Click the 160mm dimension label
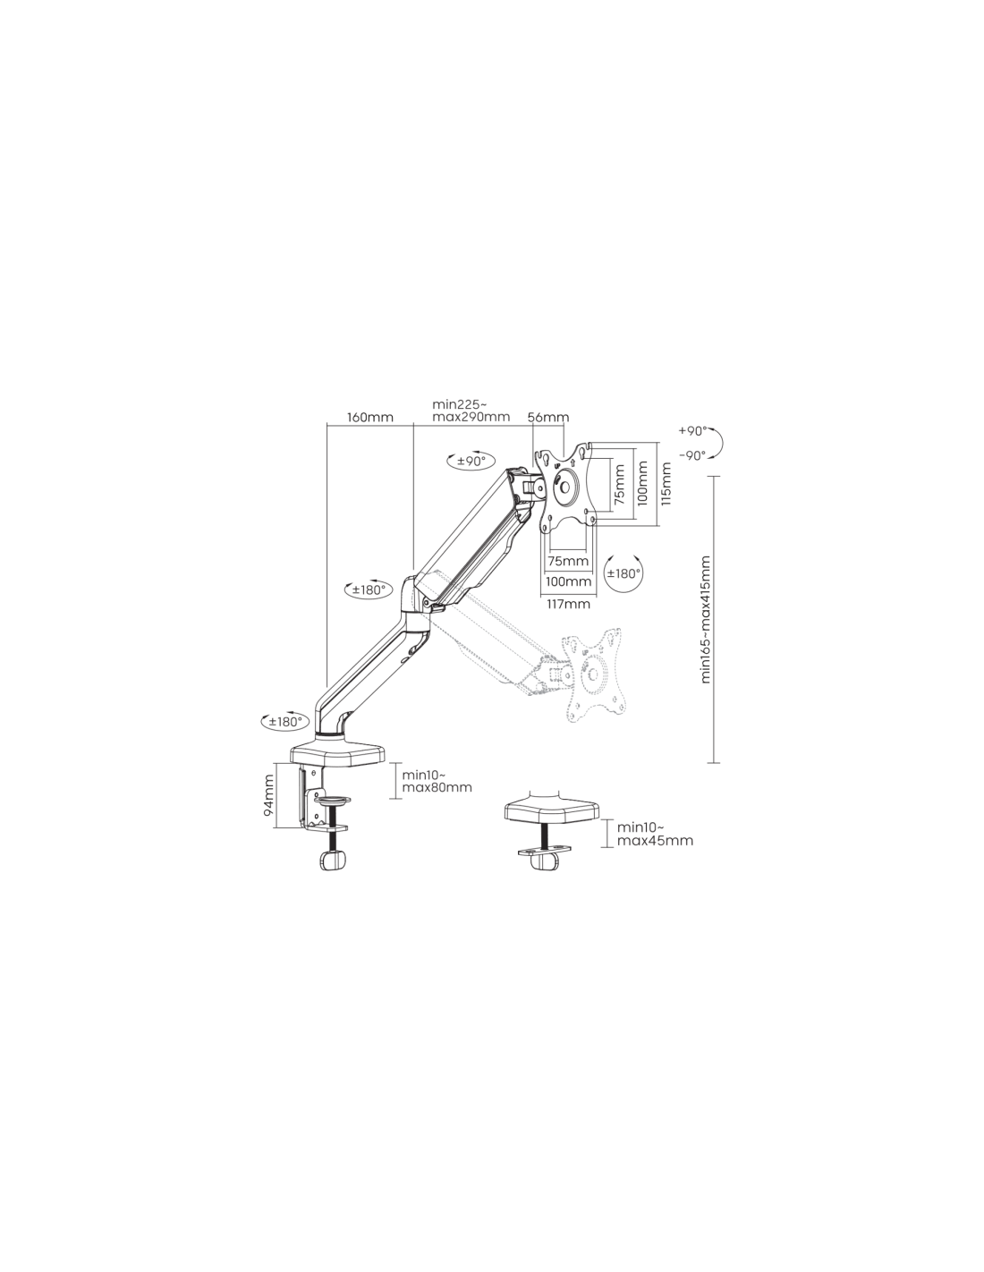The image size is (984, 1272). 370,418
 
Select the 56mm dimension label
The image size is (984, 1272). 548,418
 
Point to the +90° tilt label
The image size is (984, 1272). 692,431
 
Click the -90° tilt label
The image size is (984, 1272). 692,455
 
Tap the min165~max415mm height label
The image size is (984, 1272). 706,619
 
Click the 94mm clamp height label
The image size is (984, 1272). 268,795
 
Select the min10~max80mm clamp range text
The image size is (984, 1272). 437,781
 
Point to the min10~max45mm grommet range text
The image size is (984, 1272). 655,835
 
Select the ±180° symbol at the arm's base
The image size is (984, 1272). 284,722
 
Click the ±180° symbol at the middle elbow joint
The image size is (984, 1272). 368,589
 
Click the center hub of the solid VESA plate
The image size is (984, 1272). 564,486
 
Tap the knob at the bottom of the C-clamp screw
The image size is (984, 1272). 332,860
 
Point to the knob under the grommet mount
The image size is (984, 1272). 544,862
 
